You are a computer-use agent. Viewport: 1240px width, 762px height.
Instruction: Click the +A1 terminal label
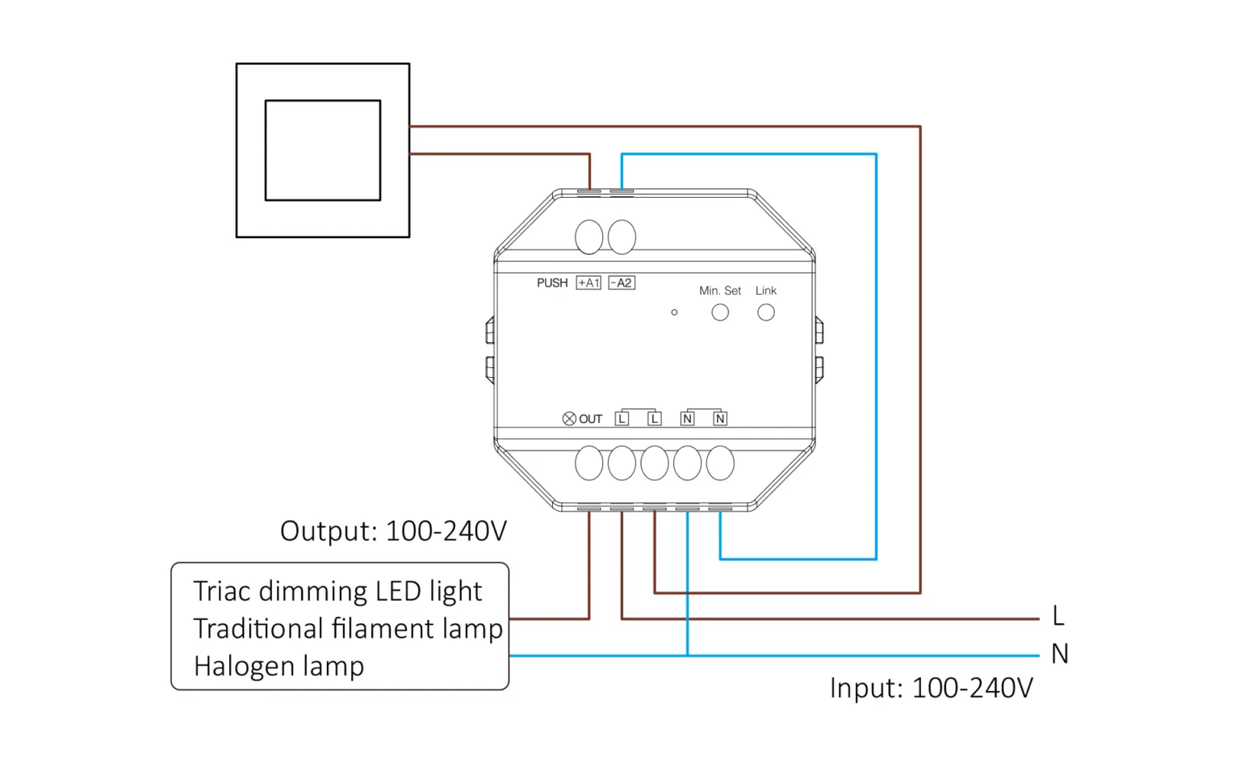coord(588,283)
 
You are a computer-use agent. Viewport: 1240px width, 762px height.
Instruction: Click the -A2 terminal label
coord(621,283)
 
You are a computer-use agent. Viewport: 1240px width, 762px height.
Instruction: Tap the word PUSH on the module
coord(552,283)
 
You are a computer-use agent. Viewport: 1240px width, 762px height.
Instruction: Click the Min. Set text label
coord(719,291)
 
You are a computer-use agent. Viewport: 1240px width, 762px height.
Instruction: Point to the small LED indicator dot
coord(674,312)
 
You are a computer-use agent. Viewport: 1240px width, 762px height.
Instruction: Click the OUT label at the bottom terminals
coord(590,419)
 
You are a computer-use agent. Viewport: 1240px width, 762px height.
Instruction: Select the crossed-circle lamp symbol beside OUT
coord(569,418)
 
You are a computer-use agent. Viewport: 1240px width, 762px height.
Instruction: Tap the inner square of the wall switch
coord(323,150)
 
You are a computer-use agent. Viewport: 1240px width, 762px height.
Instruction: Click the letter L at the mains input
coord(1058,616)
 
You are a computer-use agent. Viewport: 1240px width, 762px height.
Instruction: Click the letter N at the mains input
coord(1059,654)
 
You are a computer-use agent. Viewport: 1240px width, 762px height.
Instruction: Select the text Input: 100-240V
coord(931,688)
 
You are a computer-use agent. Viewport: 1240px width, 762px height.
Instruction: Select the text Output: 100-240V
coord(393,531)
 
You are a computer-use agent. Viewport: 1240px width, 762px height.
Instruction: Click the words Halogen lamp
coord(279,666)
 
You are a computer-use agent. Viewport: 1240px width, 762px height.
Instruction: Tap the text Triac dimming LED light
coord(337,591)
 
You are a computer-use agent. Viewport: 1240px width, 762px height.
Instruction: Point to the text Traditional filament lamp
coord(348,628)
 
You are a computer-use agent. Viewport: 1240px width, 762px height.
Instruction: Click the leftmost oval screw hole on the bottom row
coord(589,463)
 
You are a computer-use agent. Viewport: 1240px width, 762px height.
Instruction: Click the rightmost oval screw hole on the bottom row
coord(720,463)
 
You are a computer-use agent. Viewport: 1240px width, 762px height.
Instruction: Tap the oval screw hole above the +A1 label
coord(589,237)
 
